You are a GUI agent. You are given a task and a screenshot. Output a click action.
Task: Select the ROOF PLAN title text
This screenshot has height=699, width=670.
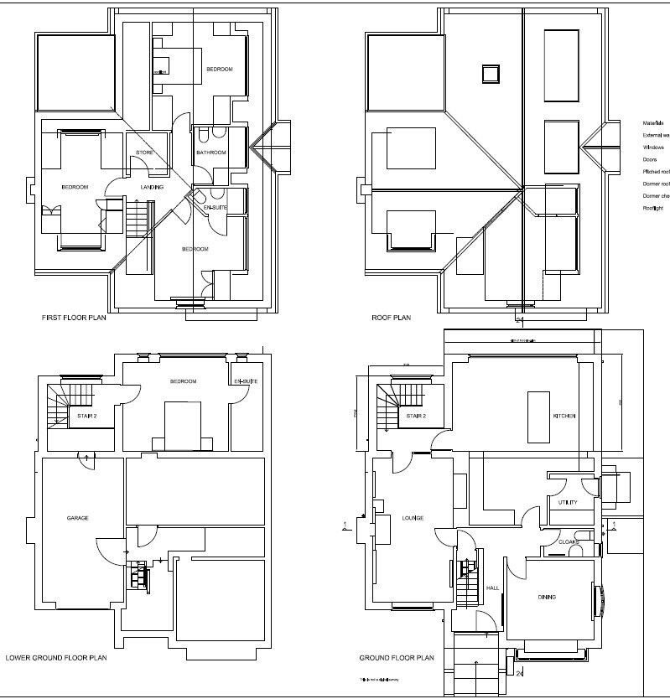pos(392,318)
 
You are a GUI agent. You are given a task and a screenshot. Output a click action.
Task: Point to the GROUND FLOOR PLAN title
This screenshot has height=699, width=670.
pos(397,658)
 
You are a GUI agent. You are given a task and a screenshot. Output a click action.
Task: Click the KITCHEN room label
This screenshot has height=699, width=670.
pos(564,417)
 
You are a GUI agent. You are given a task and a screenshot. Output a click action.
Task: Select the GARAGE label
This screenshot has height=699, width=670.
pos(78,518)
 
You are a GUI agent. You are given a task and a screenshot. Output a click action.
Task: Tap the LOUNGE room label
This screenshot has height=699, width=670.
pos(413,518)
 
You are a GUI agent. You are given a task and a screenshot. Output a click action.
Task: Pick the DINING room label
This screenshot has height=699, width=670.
pos(547,597)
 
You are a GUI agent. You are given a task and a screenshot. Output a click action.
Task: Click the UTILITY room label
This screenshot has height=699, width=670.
pos(568,502)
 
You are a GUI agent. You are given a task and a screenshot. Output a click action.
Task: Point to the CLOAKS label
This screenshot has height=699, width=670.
pos(569,542)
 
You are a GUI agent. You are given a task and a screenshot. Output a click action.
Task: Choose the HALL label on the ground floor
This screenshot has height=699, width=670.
pos(493,588)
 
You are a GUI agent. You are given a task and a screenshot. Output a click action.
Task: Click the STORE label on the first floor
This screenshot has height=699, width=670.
pos(144,153)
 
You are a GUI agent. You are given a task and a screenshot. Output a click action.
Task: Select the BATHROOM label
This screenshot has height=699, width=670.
pos(211,153)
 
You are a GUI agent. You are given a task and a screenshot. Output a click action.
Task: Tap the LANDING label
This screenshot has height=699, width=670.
pos(152,187)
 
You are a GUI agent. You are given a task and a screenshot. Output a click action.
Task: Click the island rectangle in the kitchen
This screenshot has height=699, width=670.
pos(538,417)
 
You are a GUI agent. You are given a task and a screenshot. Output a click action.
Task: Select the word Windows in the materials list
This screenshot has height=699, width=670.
pos(653,147)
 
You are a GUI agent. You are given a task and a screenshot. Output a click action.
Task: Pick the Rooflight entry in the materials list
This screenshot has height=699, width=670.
pos(653,208)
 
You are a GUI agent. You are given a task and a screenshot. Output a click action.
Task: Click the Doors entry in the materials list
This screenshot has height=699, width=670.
pos(650,159)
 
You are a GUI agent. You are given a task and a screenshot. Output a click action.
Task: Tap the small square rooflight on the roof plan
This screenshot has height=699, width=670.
pos(490,74)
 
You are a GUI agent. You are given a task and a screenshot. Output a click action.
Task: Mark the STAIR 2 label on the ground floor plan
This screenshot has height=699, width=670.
pos(416,416)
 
